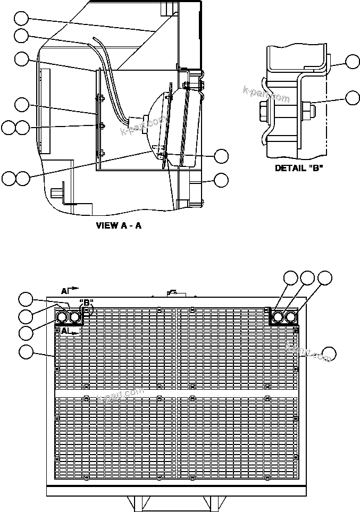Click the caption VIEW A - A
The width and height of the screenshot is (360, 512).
(119, 225)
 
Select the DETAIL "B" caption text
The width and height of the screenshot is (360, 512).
(298, 168)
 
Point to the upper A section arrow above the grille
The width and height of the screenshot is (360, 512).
(69, 290)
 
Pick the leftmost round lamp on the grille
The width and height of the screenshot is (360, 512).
(62, 317)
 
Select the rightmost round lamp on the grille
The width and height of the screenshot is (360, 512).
(291, 317)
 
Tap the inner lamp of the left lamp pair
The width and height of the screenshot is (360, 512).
(75, 317)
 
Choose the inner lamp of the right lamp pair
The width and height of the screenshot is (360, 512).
(278, 317)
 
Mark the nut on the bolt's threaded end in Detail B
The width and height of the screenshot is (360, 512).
(307, 111)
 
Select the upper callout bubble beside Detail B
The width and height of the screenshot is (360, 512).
(352, 62)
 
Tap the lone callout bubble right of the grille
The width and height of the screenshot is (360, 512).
(330, 352)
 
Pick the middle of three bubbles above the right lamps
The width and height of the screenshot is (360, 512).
(307, 278)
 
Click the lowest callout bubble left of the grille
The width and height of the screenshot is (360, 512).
(26, 351)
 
